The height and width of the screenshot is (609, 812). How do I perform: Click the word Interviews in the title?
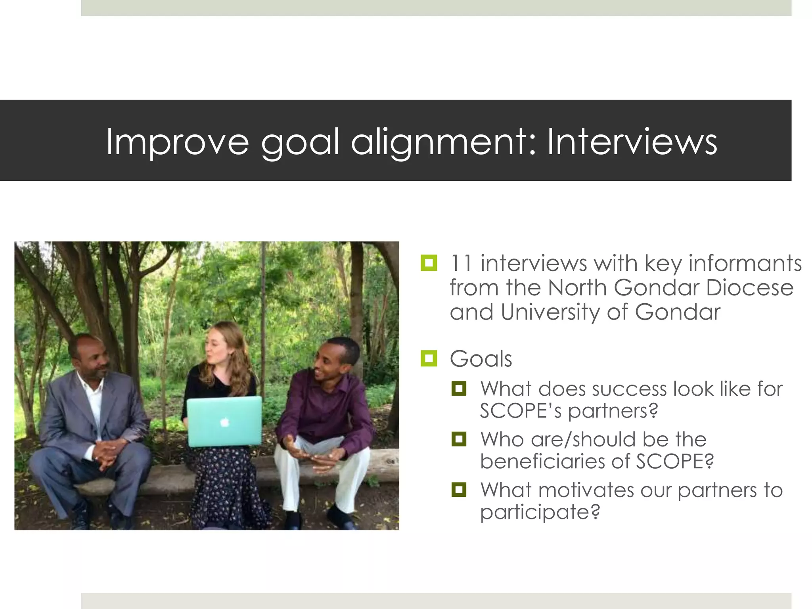(x=632, y=142)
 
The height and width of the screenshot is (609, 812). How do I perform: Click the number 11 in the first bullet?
(x=461, y=263)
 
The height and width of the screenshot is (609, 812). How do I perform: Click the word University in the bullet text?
(x=550, y=312)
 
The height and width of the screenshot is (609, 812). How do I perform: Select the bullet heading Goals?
(x=481, y=359)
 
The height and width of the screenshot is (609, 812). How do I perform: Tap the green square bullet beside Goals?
(x=429, y=358)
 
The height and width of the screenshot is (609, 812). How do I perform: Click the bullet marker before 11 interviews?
(x=429, y=263)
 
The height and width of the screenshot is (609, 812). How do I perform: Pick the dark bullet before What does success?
(x=459, y=389)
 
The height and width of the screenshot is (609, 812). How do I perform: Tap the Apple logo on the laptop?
(x=225, y=422)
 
